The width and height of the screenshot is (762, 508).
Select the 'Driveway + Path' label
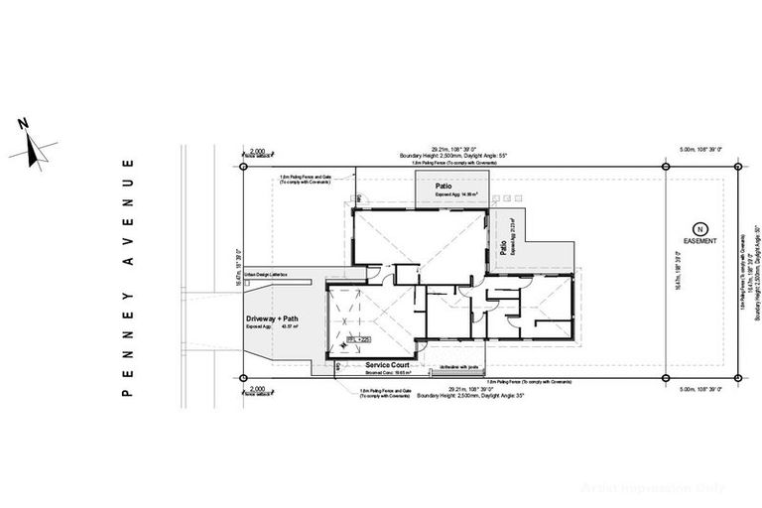(272, 318)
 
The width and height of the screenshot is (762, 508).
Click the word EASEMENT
(700, 240)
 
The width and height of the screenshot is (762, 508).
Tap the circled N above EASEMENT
(700, 228)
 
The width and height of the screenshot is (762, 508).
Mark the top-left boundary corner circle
(241, 166)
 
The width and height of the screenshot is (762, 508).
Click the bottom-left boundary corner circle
(241, 378)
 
